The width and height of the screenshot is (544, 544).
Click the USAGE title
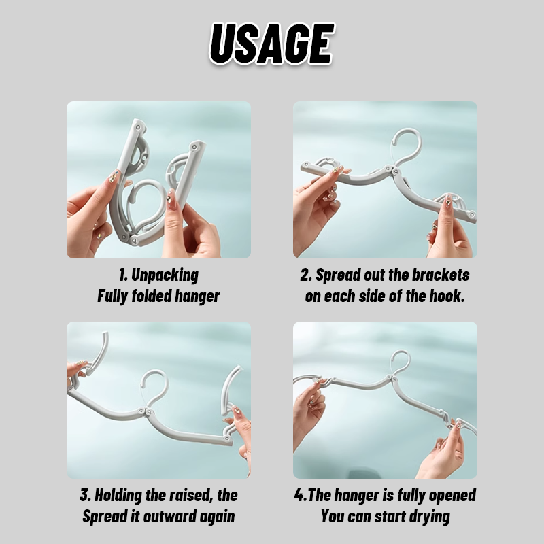coord(271,44)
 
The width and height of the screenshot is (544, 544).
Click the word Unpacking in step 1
coord(165,275)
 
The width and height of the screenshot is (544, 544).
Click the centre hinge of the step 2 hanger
coord(392,171)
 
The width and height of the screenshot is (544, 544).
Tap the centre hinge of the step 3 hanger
coord(146,411)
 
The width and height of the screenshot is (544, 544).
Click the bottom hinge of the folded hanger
coord(129,239)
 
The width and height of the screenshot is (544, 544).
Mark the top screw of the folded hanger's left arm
coord(138,127)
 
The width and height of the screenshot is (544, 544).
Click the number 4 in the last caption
coord(299,496)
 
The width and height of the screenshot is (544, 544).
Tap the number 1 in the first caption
coord(122,275)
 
